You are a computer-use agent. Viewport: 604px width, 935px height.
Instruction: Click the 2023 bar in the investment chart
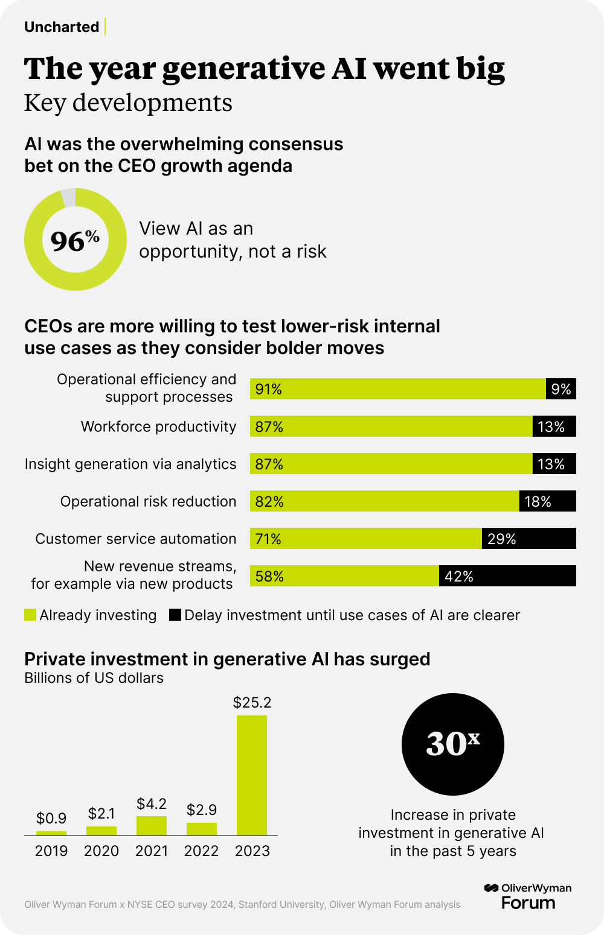251,775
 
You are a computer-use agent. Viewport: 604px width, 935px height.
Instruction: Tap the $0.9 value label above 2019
51,818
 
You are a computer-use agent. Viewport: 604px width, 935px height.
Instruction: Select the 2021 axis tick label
152,851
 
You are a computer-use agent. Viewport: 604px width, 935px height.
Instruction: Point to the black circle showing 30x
452,744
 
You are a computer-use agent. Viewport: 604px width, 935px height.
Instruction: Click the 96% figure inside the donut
75,241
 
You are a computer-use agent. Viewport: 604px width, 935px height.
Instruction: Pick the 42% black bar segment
507,576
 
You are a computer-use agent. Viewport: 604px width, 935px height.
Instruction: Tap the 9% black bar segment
561,389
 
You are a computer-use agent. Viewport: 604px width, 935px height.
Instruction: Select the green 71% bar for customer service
365,539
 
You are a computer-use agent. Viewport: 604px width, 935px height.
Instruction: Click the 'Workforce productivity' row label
158,426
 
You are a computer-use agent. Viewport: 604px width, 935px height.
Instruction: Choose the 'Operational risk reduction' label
148,501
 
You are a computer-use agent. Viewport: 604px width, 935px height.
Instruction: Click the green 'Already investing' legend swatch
30,615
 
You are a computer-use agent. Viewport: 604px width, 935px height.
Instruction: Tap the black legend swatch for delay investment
175,615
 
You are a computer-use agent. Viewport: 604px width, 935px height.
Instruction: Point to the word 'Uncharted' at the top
62,27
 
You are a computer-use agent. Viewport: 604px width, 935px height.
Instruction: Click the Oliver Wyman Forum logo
528,896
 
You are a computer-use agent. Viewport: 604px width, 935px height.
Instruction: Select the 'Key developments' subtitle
128,103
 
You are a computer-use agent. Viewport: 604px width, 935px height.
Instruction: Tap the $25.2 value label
252,702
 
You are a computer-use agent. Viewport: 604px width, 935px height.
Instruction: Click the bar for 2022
202,829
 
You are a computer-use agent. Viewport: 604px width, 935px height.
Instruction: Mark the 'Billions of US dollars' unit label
94,678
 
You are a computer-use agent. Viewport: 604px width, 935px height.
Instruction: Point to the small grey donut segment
69,197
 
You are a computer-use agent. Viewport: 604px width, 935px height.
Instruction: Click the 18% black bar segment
547,501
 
